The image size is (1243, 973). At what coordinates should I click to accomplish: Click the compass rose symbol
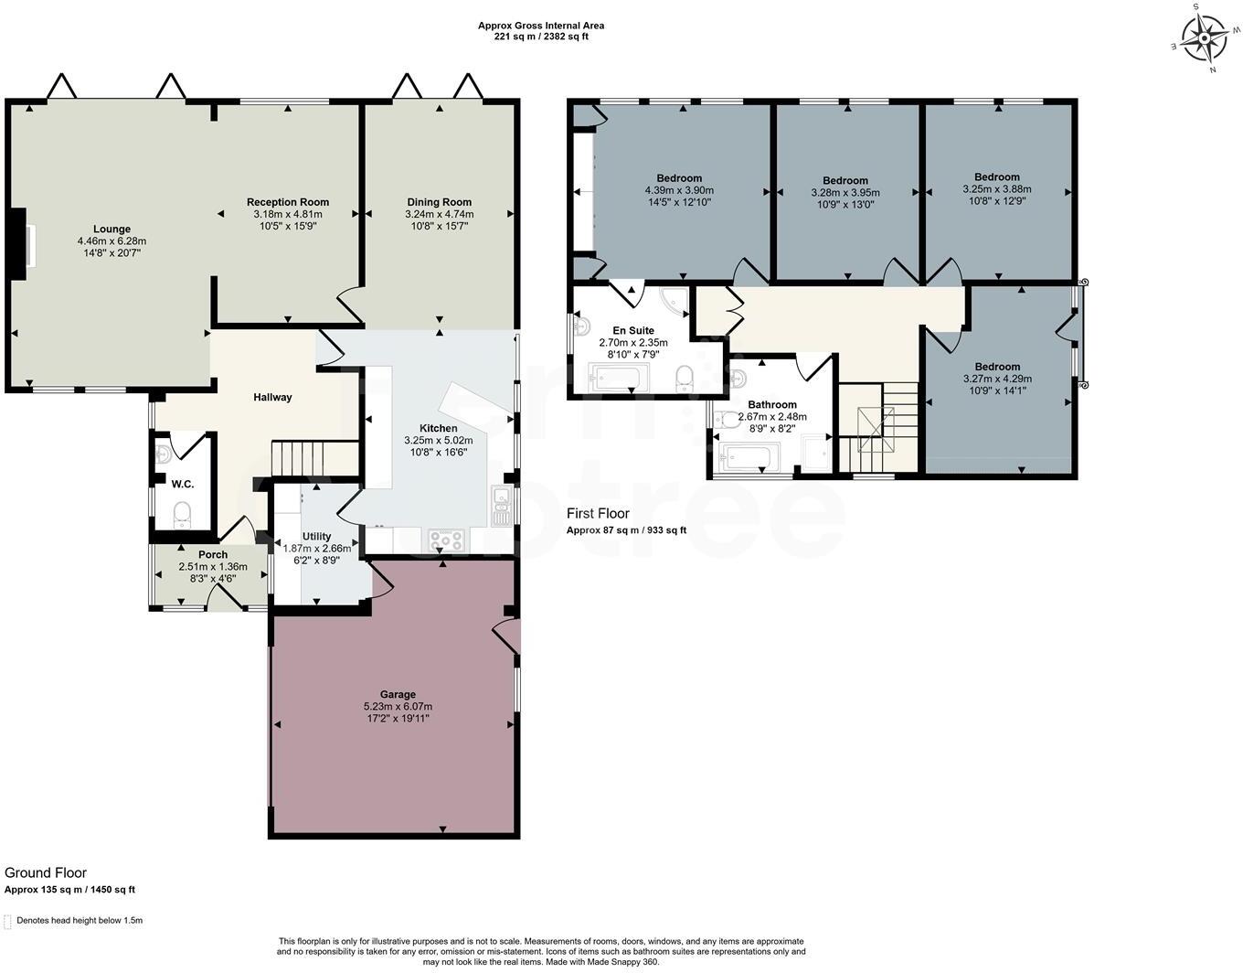[x=1205, y=38]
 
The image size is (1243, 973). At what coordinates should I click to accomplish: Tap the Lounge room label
[x=112, y=230]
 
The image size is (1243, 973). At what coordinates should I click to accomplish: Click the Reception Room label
[x=288, y=202]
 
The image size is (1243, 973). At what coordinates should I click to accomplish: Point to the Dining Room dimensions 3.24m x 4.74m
[x=440, y=214]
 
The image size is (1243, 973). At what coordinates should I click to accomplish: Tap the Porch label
[x=213, y=554]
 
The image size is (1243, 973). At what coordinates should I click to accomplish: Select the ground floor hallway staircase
[x=314, y=457]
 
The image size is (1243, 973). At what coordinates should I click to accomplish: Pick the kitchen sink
[x=501, y=506]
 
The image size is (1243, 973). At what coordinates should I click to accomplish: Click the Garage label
[x=398, y=694]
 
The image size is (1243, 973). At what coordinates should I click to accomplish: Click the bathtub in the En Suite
[x=620, y=377]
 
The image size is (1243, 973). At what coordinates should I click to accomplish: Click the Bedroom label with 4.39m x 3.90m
[x=679, y=178]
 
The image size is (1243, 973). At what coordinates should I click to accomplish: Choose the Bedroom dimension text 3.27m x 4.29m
[x=997, y=379]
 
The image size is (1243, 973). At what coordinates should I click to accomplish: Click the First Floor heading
[x=598, y=514]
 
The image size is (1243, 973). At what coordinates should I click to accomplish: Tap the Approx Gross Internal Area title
[x=541, y=26]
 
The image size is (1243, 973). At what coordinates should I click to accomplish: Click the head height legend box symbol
[x=8, y=921]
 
